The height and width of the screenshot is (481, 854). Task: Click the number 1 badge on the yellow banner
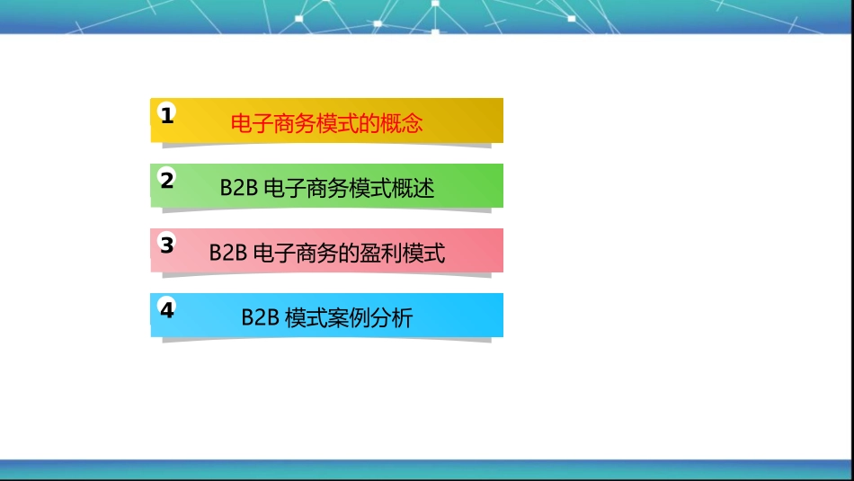[x=166, y=114]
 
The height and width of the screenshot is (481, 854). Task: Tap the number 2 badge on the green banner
[x=166, y=180]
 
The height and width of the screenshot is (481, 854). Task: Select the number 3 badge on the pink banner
[x=166, y=245]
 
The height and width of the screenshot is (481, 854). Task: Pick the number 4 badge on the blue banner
[x=166, y=310]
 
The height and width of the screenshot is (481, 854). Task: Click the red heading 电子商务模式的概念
[x=326, y=124]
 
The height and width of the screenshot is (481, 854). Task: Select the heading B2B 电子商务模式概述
[x=326, y=189]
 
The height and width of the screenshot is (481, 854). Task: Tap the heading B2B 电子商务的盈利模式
[x=326, y=254]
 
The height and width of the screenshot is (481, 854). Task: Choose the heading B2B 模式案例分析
[x=326, y=318]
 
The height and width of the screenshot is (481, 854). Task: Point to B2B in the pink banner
[x=228, y=254]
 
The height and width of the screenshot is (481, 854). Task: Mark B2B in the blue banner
[x=261, y=318]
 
